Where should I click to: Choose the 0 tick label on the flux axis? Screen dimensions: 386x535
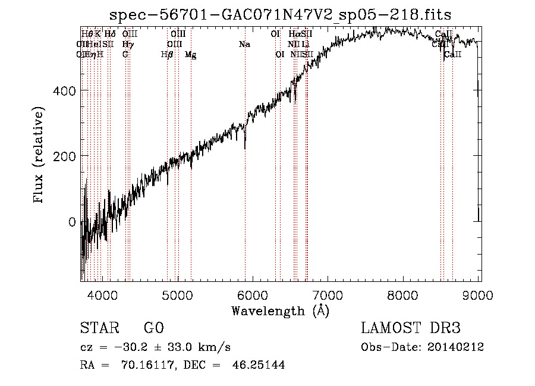73,222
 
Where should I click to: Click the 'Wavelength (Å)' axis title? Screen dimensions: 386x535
280,310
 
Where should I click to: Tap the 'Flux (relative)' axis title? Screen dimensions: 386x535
40,156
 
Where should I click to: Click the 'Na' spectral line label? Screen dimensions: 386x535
244,45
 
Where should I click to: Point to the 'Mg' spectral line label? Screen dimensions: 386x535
190,55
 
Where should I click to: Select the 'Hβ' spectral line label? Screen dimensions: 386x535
167,55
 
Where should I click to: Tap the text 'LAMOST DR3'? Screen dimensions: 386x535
411,329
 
